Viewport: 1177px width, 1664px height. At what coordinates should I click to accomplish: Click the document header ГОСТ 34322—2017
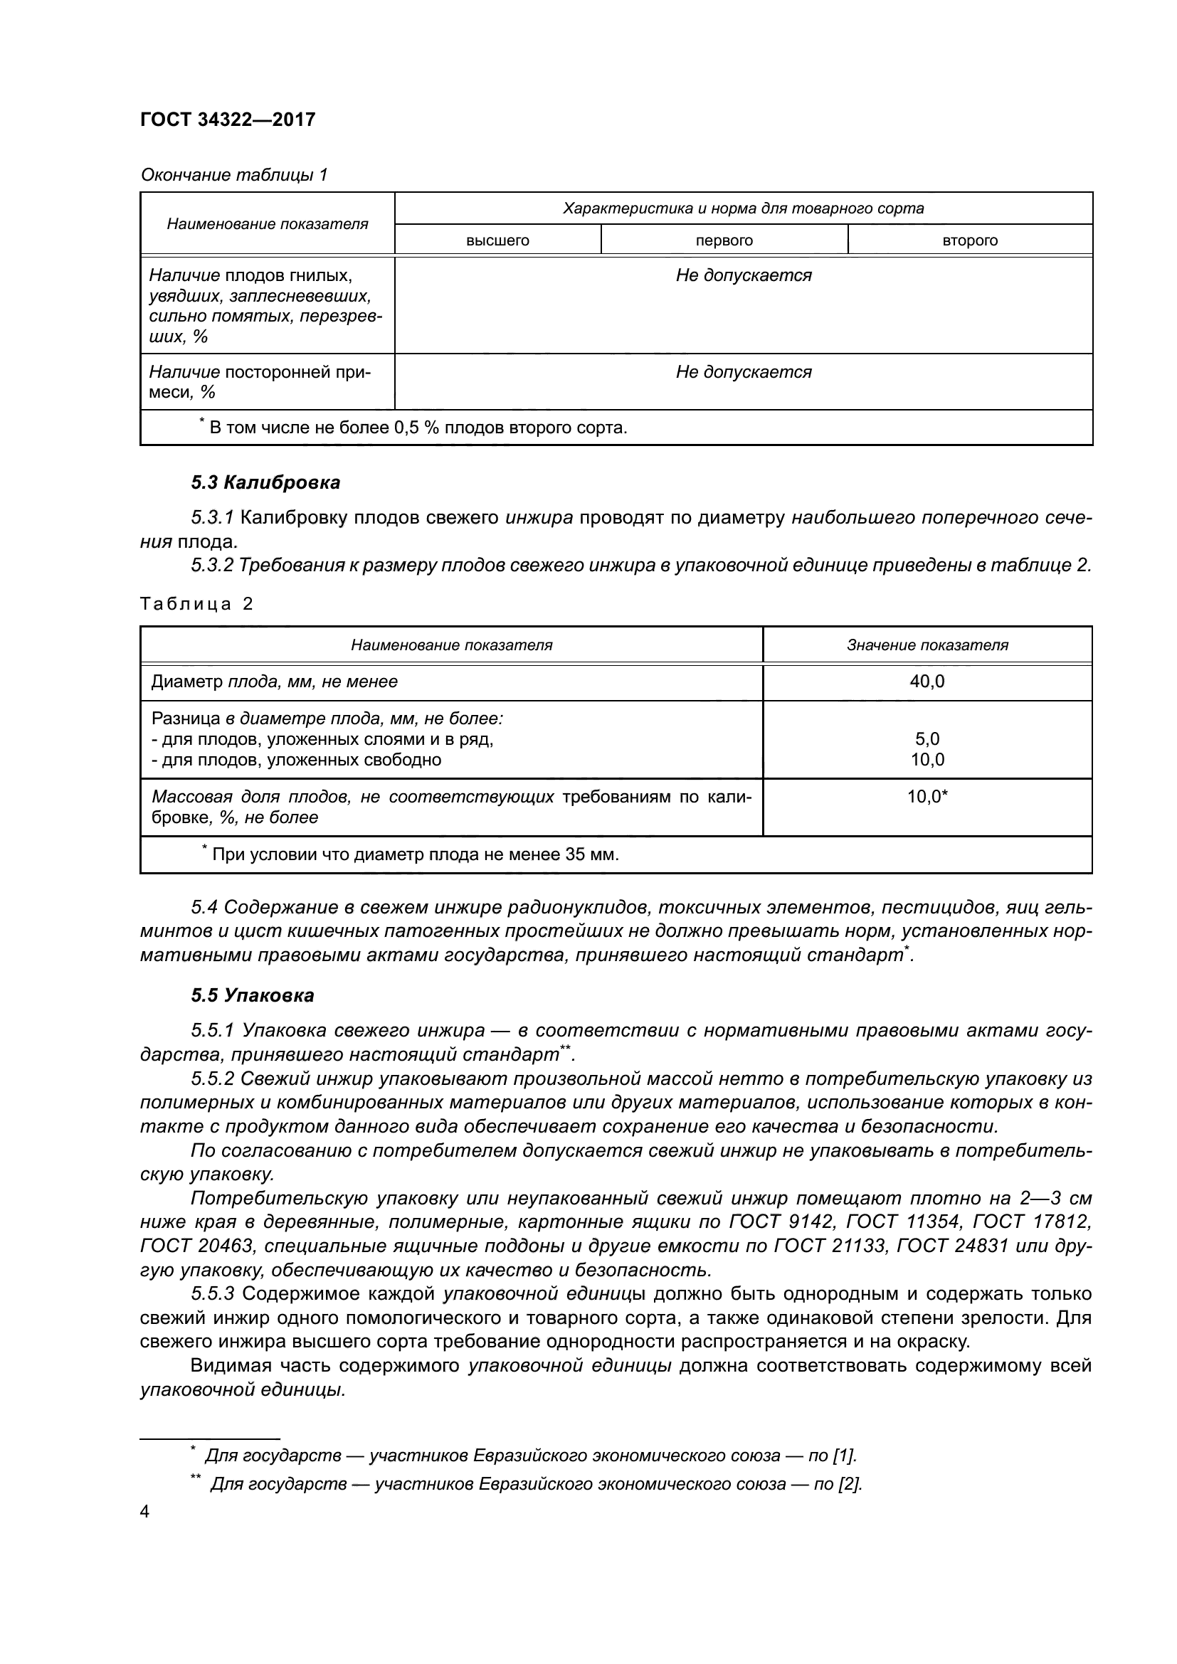[228, 120]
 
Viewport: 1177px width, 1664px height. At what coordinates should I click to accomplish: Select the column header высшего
[497, 240]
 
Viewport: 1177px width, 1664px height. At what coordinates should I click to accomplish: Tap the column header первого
[724, 240]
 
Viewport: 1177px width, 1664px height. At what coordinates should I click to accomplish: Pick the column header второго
[970, 240]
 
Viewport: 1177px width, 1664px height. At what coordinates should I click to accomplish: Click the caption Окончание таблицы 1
[234, 175]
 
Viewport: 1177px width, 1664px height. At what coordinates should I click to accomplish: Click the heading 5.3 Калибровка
[265, 482]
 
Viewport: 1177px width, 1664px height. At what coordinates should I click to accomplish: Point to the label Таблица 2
[196, 604]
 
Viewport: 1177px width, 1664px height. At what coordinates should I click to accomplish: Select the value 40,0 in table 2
[927, 682]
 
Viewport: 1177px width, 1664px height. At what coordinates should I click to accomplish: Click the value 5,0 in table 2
[927, 739]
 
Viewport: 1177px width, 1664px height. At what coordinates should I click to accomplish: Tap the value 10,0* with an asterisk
[928, 797]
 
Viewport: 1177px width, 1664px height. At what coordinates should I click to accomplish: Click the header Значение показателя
[927, 645]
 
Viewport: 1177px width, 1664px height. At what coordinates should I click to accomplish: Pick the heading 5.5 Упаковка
[252, 995]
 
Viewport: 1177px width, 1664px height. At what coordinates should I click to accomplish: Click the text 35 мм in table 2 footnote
[591, 854]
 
